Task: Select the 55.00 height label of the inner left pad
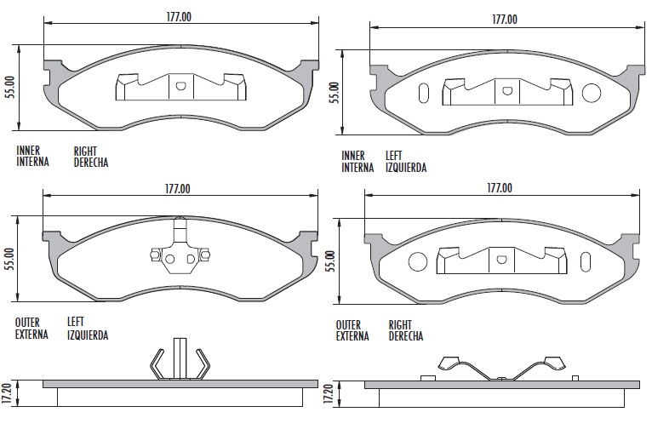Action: point(334,92)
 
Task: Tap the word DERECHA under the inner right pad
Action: point(91,162)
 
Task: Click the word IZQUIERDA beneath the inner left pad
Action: point(406,168)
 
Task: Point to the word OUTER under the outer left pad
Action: point(30,323)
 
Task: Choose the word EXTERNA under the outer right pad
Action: point(352,336)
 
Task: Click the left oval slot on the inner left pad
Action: point(424,92)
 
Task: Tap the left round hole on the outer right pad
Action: point(418,261)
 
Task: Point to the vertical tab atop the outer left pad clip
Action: point(179,232)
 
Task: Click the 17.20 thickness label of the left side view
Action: point(8,393)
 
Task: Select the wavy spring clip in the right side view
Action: point(501,369)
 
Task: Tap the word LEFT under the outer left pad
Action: point(77,323)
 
